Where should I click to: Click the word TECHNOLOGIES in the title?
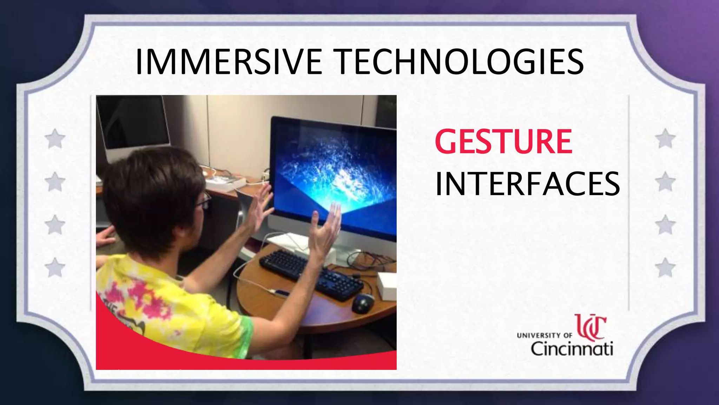tap(460, 62)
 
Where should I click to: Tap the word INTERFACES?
tap(527, 184)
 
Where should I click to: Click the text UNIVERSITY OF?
tap(544, 335)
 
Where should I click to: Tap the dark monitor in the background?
tap(133, 123)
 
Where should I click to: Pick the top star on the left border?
tap(55, 139)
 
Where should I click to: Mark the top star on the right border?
tap(665, 139)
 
